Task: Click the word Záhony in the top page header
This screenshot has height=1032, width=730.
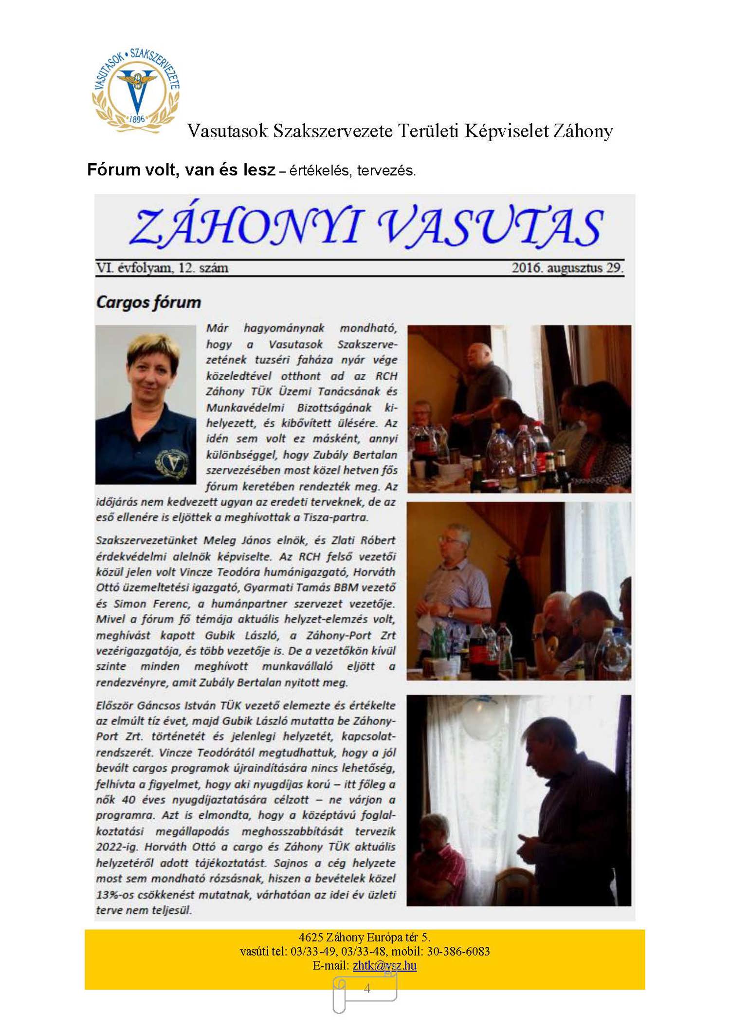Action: (x=583, y=131)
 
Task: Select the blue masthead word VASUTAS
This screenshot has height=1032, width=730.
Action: (x=490, y=227)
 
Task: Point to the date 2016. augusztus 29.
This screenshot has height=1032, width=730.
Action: (x=567, y=268)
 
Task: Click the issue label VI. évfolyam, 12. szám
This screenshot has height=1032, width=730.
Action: (x=162, y=268)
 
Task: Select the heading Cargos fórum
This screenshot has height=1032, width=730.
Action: (x=148, y=302)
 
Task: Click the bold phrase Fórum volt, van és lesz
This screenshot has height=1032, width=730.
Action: (x=181, y=170)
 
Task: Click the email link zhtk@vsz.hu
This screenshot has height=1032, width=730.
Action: (x=384, y=965)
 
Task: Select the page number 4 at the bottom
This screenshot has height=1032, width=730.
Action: (x=367, y=989)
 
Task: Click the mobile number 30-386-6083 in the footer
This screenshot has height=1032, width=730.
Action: (x=458, y=951)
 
